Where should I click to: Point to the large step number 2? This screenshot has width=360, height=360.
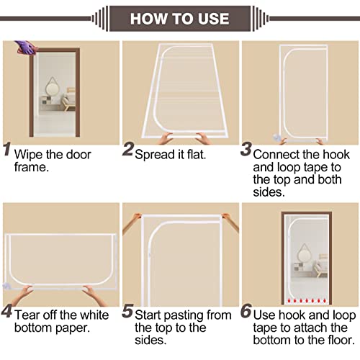pyautogui.click(x=128, y=150)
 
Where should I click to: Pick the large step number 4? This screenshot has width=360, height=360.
pyautogui.click(x=7, y=314)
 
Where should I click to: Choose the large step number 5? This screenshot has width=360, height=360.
pyautogui.click(x=127, y=314)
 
